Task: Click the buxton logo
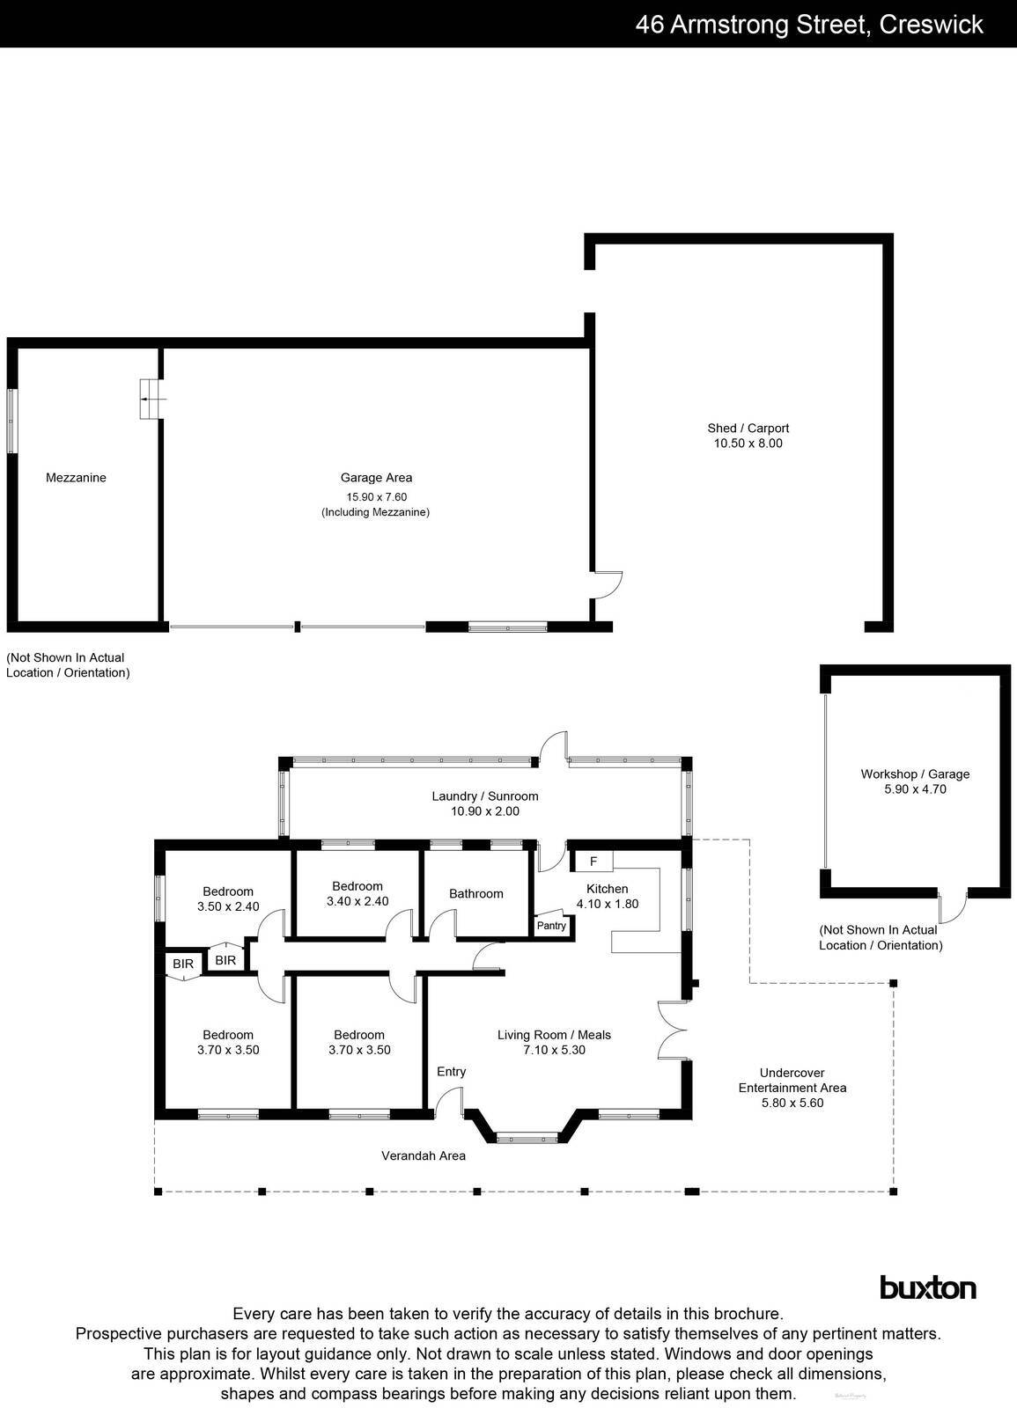pyautogui.click(x=928, y=1288)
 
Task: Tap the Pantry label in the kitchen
pyautogui.click(x=551, y=926)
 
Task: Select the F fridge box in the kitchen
pyautogui.click(x=593, y=861)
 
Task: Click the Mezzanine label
pyautogui.click(x=76, y=478)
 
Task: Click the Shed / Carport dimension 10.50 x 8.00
pyautogui.click(x=748, y=444)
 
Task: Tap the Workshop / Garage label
pyautogui.click(x=915, y=774)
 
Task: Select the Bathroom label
pyautogui.click(x=476, y=894)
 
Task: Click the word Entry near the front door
pyautogui.click(x=452, y=1072)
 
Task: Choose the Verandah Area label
pyautogui.click(x=423, y=1155)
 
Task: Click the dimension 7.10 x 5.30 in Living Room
pyautogui.click(x=554, y=1050)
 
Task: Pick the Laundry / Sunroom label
pyautogui.click(x=484, y=796)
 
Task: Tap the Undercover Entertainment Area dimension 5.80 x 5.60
pyautogui.click(x=792, y=1103)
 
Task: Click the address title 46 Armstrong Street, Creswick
pyautogui.click(x=809, y=24)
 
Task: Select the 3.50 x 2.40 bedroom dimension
pyautogui.click(x=227, y=906)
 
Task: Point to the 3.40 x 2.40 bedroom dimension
pyautogui.click(x=357, y=901)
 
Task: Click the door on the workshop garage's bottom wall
pyautogui.click(x=952, y=906)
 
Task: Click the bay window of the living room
pyautogui.click(x=527, y=1138)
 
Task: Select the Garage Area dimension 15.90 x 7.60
pyautogui.click(x=376, y=496)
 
